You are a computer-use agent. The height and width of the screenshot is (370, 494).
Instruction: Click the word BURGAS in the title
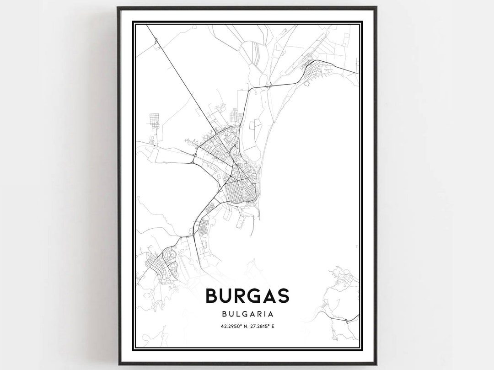pos(247,295)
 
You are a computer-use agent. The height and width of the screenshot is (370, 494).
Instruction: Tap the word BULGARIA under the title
pos(247,314)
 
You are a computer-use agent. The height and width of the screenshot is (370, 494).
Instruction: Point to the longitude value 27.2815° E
pos(264,326)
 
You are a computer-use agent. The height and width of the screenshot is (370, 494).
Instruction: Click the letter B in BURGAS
pos(212,295)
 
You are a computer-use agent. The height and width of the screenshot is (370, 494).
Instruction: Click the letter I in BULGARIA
pos(266,314)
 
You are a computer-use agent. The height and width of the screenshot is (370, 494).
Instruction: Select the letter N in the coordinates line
pos(244,326)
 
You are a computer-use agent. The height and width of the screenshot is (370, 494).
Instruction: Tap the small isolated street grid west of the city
pos(154,121)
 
